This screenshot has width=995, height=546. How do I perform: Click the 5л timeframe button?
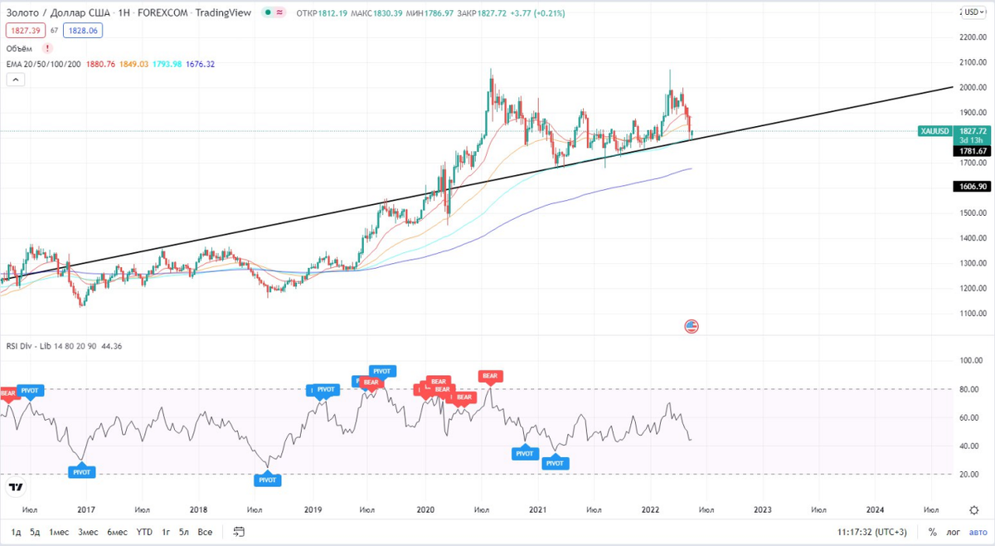coord(184,532)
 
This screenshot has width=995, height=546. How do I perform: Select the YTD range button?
coord(144,532)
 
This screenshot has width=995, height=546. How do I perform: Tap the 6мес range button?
coord(116,532)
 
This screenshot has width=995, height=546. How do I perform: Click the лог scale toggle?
coord(954,532)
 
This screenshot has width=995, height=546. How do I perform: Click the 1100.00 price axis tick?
coord(972,314)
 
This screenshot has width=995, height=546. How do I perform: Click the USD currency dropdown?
coord(973,12)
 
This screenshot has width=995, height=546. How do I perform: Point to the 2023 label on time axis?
coord(763,509)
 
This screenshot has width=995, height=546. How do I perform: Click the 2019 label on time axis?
coord(313,509)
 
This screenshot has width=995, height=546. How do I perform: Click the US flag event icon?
coord(692,326)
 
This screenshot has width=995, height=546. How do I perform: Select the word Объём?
coord(19,48)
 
